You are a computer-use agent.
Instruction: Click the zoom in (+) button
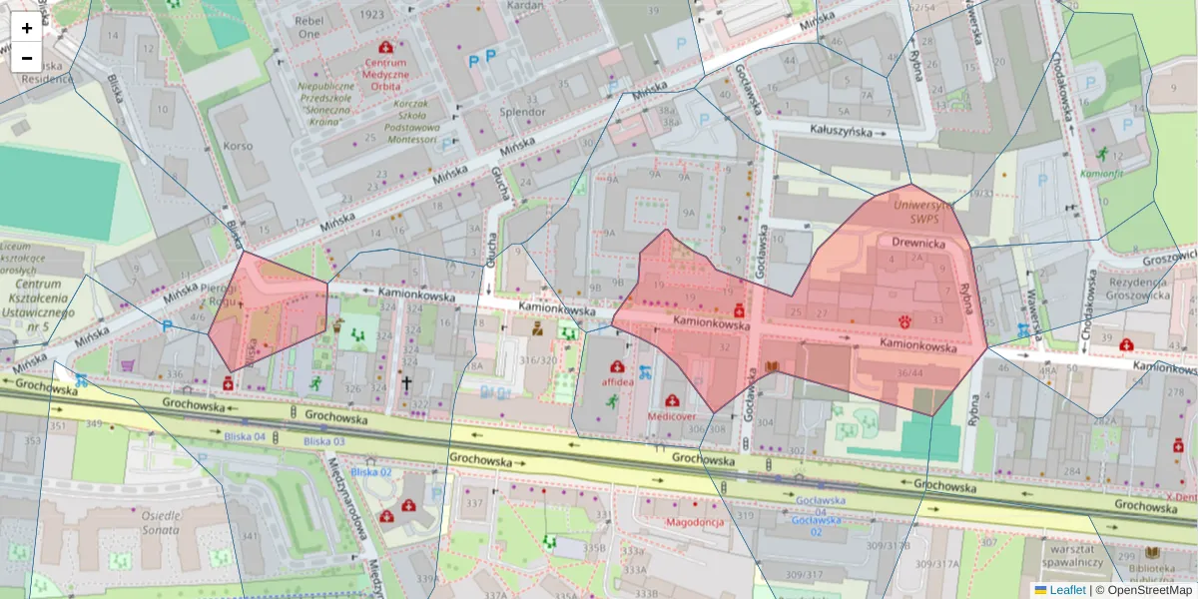tap(27, 28)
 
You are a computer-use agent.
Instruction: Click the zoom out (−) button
tap(27, 58)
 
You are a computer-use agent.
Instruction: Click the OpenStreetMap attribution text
tap(1145, 590)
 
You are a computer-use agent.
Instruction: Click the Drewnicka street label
tap(918, 242)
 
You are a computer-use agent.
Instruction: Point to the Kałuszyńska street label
tap(841, 131)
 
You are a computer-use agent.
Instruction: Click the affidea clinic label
tap(618, 381)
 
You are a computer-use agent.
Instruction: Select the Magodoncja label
tap(694, 522)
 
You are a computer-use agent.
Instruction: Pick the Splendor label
tap(522, 112)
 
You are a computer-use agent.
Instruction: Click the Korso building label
tap(239, 146)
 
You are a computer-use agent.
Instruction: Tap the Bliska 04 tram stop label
tap(245, 437)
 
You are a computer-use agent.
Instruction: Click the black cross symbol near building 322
tap(406, 381)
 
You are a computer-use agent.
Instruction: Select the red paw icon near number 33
tap(905, 321)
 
